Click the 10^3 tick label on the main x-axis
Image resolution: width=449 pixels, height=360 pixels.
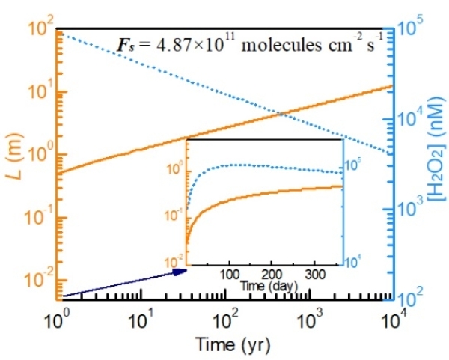(x=309, y=323)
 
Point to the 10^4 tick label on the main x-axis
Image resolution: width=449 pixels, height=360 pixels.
(x=392, y=323)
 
